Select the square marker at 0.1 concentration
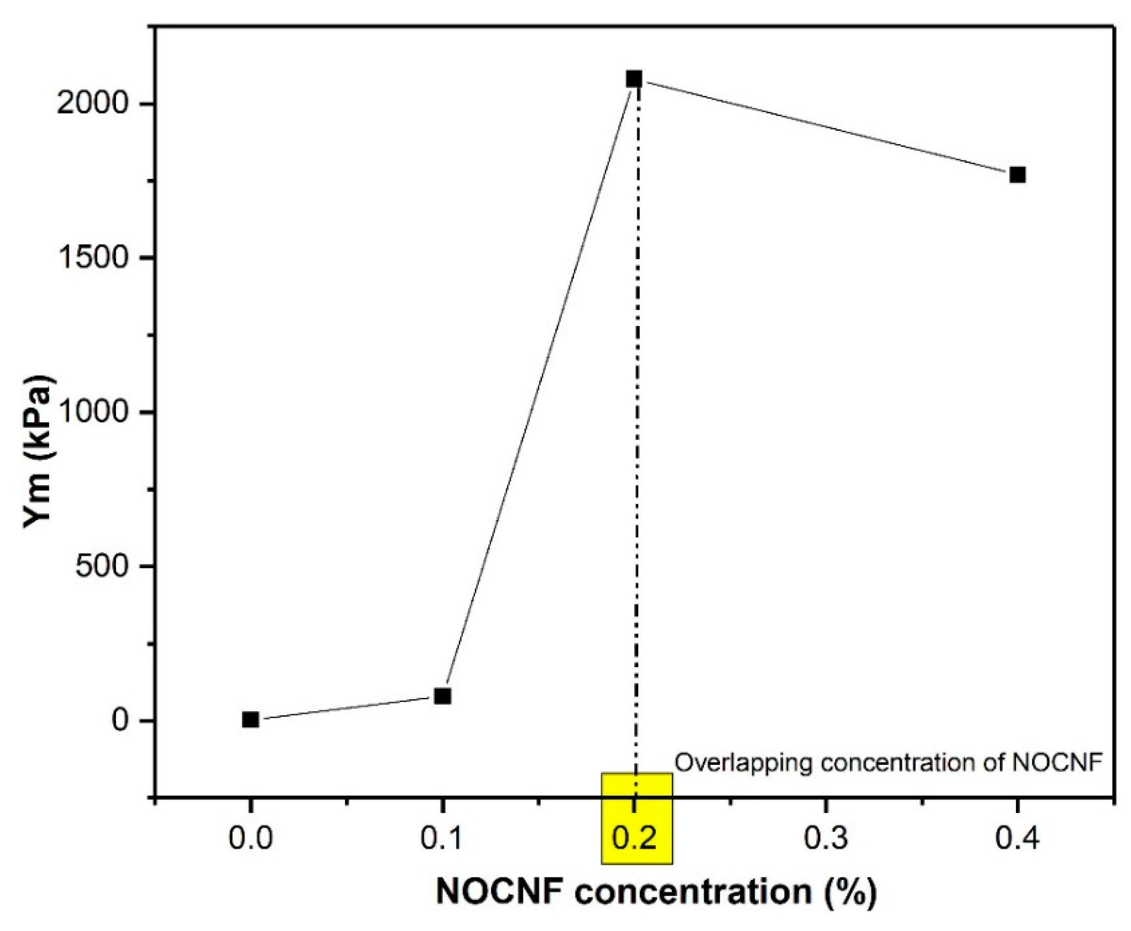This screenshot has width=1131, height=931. click(x=442, y=696)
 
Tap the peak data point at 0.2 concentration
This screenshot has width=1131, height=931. click(x=634, y=79)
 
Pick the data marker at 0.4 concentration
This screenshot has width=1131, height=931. click(x=1017, y=175)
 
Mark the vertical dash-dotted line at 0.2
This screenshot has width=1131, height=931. click(x=637, y=429)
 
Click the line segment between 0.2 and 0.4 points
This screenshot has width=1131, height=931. click(x=826, y=127)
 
